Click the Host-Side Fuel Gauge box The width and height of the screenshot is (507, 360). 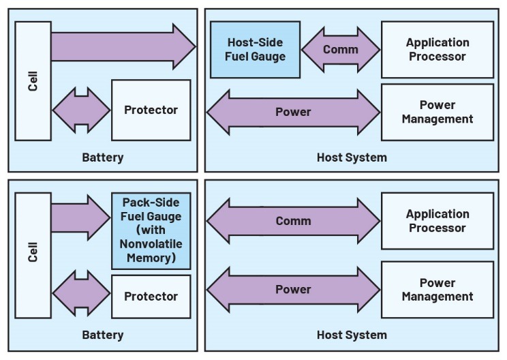255,49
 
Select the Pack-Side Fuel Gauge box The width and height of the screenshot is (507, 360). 151,230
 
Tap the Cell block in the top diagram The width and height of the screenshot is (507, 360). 33,80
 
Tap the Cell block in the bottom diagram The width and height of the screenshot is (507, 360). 33,255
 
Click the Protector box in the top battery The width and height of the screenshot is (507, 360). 151,110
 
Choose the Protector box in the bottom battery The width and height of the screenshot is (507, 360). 151,297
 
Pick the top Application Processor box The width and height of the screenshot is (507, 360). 437,49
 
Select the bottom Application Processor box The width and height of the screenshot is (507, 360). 437,221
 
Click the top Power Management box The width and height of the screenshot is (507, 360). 437,112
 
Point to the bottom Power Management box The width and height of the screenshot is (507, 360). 437,290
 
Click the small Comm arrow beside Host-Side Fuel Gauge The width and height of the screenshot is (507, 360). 340,50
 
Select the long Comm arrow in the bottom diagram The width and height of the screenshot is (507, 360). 293,221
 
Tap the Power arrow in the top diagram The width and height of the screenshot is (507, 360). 293,112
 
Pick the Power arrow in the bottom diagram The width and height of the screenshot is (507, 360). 293,290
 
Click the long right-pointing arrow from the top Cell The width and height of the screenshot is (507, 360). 123,46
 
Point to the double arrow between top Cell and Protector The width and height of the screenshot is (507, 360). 81,110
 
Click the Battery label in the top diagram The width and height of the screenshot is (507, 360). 103,157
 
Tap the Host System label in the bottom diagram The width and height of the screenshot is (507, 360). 352,335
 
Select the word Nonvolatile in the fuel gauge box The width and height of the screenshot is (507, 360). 151,244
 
